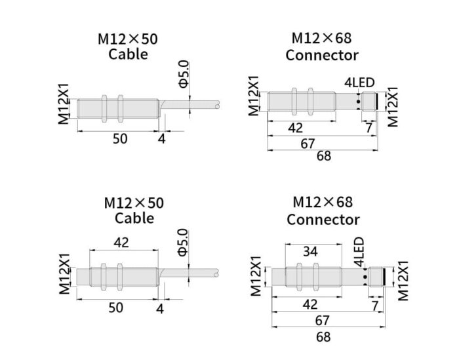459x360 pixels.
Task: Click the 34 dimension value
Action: [312, 251]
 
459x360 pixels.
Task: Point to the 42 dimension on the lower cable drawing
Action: [121, 243]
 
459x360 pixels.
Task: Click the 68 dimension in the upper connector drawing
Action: [323, 155]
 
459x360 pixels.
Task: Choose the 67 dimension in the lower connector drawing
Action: [323, 321]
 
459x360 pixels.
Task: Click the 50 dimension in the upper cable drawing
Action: [120, 138]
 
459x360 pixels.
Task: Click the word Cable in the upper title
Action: [128, 54]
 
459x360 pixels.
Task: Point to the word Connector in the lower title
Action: [323, 219]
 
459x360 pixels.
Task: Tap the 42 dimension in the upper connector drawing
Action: [296, 128]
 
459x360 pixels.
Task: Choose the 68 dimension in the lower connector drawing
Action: [323, 337]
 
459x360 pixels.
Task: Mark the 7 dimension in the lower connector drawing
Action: [374, 305]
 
